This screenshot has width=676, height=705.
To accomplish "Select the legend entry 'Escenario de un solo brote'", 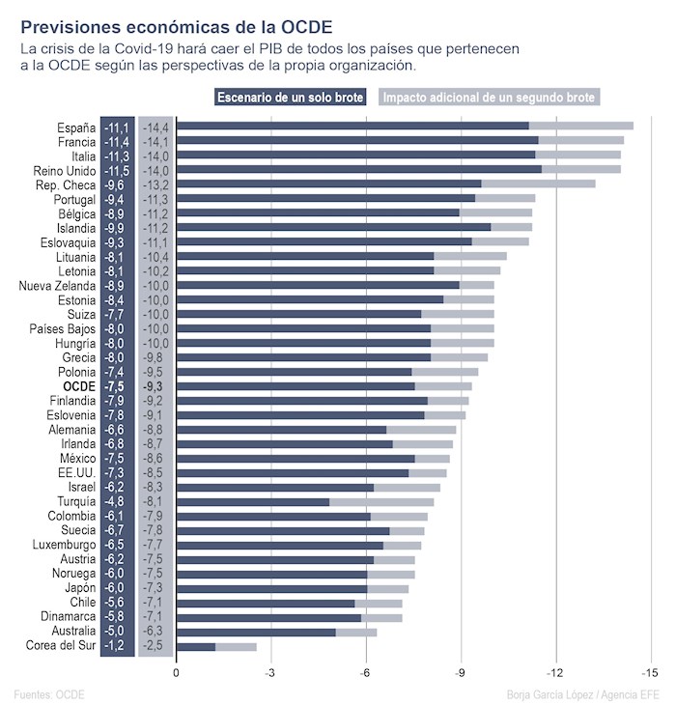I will pos(290,98).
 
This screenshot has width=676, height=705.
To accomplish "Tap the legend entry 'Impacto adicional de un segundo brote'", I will pos(490,98).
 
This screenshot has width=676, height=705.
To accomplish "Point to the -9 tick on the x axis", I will pos(461,672).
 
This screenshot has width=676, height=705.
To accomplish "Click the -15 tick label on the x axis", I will pos(650,672).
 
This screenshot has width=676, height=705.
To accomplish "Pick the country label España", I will pos(76,127).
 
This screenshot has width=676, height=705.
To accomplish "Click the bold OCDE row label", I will pos(79,386).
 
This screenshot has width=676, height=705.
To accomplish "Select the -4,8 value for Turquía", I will pos(116,502).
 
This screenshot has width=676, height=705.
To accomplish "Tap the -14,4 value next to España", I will pos(155,127).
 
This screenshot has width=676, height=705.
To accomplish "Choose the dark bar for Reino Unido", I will pos(359,169).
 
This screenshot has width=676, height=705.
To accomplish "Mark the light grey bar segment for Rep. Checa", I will pos(538,183).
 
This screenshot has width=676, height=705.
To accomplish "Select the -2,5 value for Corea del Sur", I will pos(155,646).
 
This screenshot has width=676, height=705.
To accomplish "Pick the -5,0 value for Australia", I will pos(116,632).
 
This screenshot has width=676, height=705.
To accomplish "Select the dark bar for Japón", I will pos(272,588).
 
